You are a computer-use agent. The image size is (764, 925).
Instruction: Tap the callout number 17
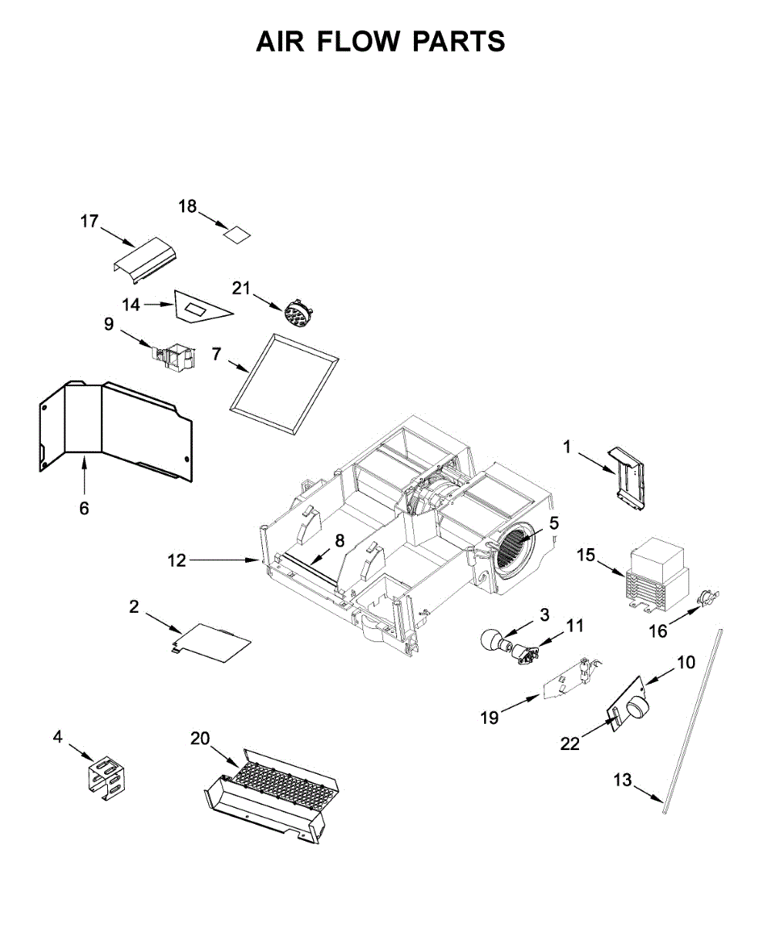[x=89, y=222]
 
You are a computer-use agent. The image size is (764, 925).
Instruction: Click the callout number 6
[x=84, y=508]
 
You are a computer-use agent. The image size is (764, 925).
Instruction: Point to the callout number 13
[x=622, y=781]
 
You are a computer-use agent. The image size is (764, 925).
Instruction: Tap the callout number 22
[x=570, y=743]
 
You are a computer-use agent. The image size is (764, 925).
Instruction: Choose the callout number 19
[x=490, y=718]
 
